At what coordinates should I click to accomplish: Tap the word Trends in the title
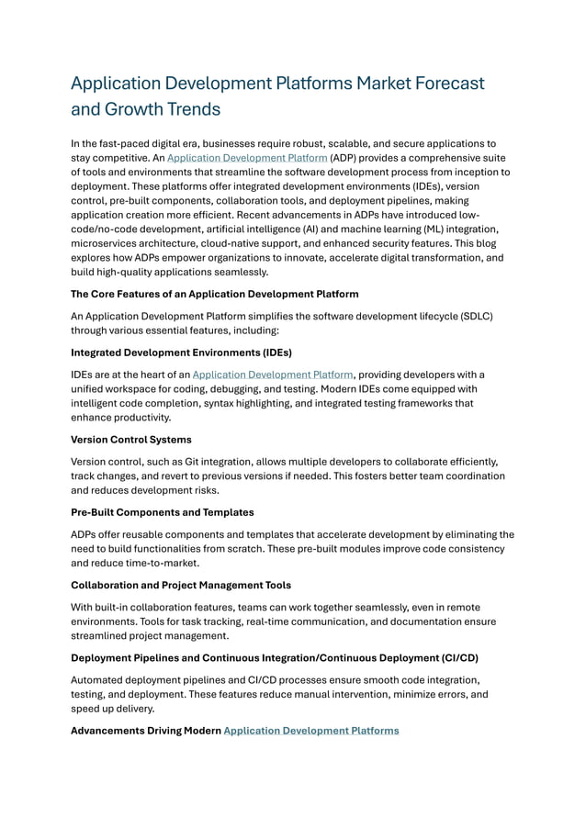point(189,110)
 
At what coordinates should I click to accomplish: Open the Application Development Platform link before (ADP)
point(246,158)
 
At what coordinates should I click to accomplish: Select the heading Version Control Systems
point(130,440)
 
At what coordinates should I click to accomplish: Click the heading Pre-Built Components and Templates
point(162,511)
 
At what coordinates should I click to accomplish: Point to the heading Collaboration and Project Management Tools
point(181,584)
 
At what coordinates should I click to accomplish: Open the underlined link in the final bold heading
point(311,731)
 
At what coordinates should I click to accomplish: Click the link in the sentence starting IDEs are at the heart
point(273,375)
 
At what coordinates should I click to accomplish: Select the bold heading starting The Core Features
point(214,294)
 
